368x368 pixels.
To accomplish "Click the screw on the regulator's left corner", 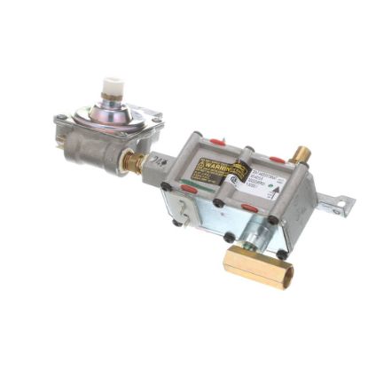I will (61, 120).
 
